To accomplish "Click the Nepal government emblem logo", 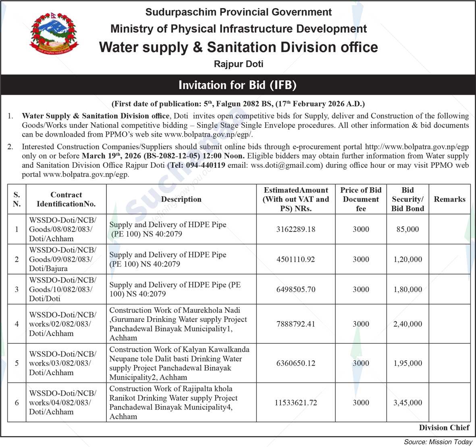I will (54, 33).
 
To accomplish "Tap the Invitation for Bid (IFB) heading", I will (238, 85).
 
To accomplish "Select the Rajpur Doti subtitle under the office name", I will (238, 64).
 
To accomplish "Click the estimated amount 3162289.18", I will (296, 229).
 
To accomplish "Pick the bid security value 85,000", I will (407, 229).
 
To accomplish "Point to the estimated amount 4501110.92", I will (296, 259).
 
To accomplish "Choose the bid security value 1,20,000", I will (407, 259).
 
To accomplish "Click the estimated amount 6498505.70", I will (296, 289).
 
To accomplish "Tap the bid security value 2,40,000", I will (407, 324).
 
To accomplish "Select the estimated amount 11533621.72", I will (296, 402).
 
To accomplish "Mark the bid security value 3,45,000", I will (407, 402).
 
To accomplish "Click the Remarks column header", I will (449, 199).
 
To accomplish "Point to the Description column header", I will (181, 199).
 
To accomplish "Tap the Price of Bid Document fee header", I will (361, 199).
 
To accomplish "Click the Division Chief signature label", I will (444, 428).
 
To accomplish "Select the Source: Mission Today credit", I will (438, 442).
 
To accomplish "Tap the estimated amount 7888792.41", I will (296, 324).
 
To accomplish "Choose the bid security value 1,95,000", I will (407, 363).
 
